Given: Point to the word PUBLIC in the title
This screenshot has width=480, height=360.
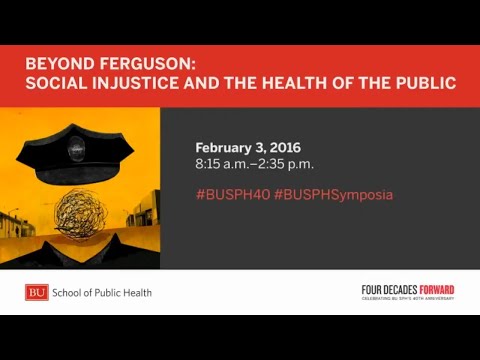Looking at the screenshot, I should [x=425, y=83].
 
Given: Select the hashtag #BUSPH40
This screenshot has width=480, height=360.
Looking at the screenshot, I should [x=231, y=194].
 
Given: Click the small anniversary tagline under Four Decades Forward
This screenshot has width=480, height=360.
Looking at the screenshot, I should [x=408, y=298].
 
